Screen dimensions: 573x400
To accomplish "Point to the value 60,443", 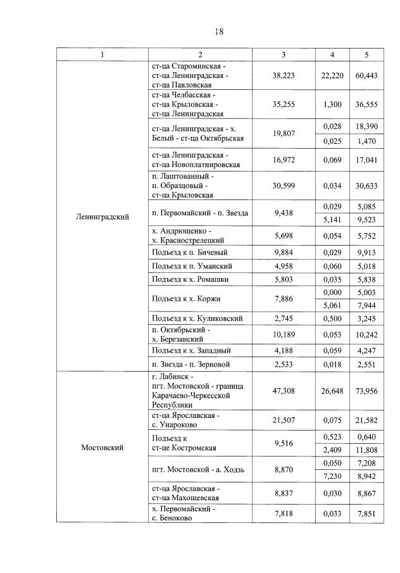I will click(366, 75).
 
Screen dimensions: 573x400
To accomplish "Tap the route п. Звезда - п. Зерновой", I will click(191, 364).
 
